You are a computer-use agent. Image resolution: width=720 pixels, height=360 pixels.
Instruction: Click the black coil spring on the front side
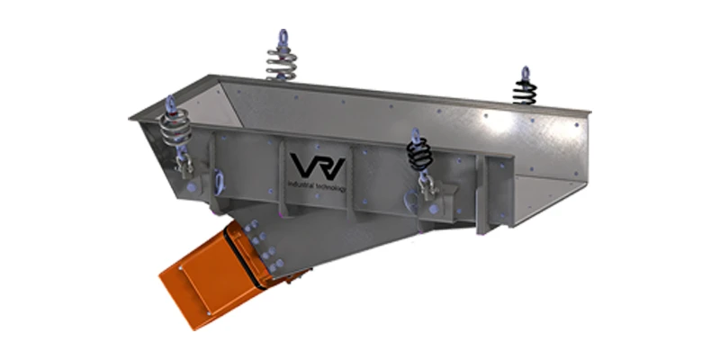(418, 157)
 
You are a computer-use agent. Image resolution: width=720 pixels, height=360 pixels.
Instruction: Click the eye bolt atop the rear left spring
(281, 38)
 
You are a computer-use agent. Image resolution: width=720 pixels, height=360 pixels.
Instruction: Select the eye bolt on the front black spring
(415, 136)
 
